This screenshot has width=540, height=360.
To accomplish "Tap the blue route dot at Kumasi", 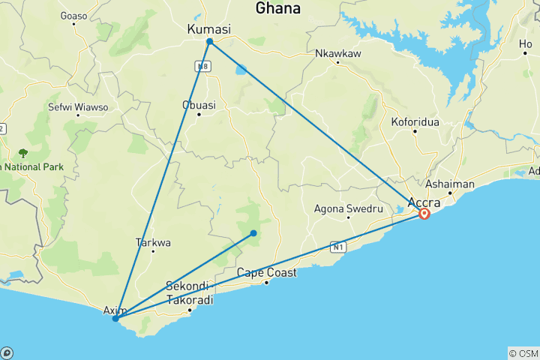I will [x=209, y=41].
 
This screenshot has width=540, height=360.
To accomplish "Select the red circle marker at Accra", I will [x=424, y=214].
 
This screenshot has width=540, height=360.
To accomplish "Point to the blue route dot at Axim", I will [x=115, y=319].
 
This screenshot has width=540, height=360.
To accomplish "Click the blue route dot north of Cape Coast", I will [x=253, y=233].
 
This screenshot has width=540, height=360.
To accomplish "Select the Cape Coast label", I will [x=266, y=272].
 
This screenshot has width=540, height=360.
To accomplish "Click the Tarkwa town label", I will [x=153, y=242].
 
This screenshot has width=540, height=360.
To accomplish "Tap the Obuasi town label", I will [x=199, y=105].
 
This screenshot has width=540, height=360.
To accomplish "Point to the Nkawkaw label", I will [x=337, y=53].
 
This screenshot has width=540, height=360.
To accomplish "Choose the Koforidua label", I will [x=415, y=121].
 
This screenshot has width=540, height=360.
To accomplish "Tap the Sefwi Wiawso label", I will [x=78, y=107].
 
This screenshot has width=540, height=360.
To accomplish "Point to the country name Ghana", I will [x=277, y=9].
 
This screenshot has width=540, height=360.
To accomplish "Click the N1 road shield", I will [x=337, y=246].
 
